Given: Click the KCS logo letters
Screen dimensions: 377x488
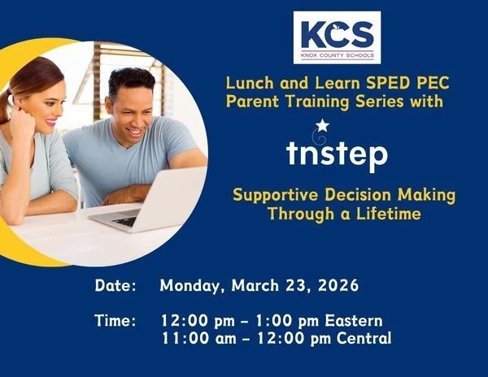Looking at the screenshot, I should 337,34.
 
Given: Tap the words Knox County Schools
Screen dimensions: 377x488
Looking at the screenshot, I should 337,55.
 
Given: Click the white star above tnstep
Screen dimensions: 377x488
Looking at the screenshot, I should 322,125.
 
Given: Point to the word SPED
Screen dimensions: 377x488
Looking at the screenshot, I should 356,84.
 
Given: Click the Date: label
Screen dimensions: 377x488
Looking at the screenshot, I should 115,286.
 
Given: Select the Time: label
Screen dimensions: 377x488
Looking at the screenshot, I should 115,321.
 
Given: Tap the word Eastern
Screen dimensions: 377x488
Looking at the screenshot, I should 351,321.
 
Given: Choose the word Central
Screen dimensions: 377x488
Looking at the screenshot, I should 360,338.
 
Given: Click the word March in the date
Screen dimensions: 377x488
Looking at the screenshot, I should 259,286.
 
